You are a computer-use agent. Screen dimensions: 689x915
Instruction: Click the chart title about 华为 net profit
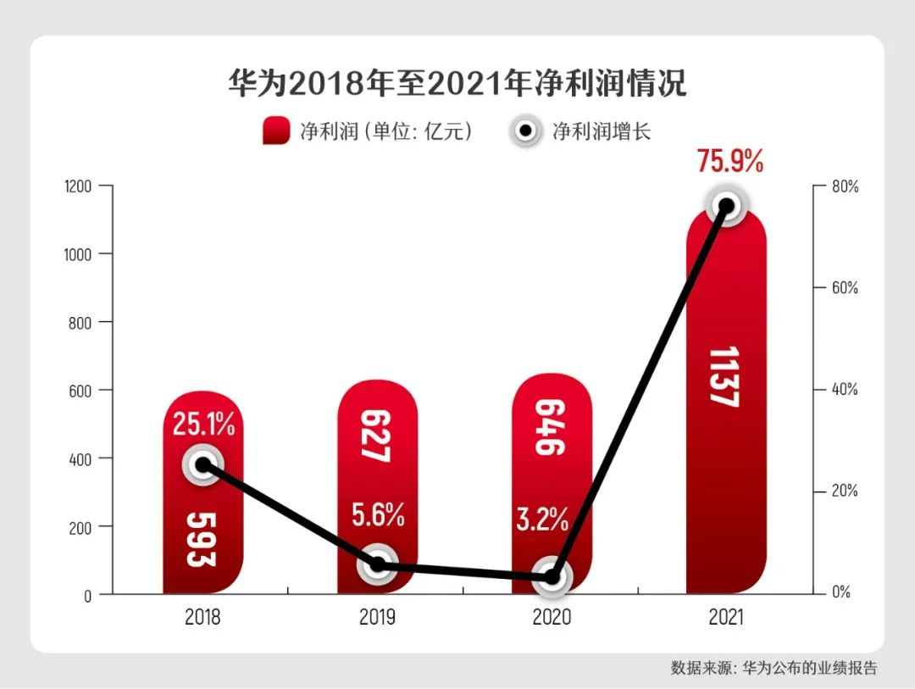(457, 85)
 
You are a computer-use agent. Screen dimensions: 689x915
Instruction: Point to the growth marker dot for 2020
(552, 576)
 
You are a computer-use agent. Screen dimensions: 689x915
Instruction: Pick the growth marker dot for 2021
(726, 206)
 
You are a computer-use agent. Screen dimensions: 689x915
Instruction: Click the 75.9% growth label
(730, 159)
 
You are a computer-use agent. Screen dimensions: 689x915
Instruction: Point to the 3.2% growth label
(542, 520)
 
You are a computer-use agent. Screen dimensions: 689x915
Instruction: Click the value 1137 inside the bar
(725, 376)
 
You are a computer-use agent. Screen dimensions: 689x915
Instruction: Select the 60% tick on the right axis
(843, 288)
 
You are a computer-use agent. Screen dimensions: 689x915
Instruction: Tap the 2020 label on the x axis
(552, 617)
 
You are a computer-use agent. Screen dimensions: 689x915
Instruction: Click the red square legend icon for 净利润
(277, 131)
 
